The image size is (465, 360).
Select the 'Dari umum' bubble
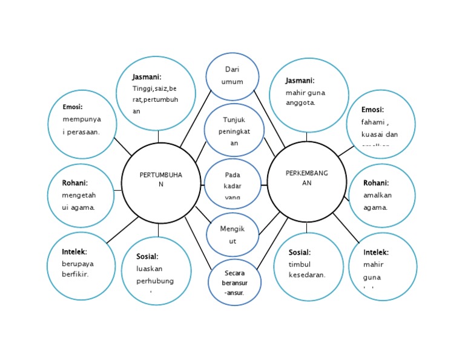pos(232,76)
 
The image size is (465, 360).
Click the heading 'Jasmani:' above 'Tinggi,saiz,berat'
pos(147,77)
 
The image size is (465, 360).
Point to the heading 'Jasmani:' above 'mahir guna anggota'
pos(300,80)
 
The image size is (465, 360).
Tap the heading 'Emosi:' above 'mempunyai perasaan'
pos(72,107)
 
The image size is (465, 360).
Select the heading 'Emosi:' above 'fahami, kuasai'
pos(372,110)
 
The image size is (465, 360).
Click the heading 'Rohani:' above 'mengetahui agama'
pos(74,182)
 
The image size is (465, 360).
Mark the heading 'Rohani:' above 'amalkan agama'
pos(376,182)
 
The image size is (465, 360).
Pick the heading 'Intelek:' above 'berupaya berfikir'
pos(74,252)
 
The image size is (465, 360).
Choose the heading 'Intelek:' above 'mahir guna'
pos(376,252)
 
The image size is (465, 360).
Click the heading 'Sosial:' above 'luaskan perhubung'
pos(148,256)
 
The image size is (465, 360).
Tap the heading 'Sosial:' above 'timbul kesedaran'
pos(300,252)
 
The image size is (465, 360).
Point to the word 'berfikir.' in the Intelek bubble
pos(75,275)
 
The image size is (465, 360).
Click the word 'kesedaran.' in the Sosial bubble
pos(307,275)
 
